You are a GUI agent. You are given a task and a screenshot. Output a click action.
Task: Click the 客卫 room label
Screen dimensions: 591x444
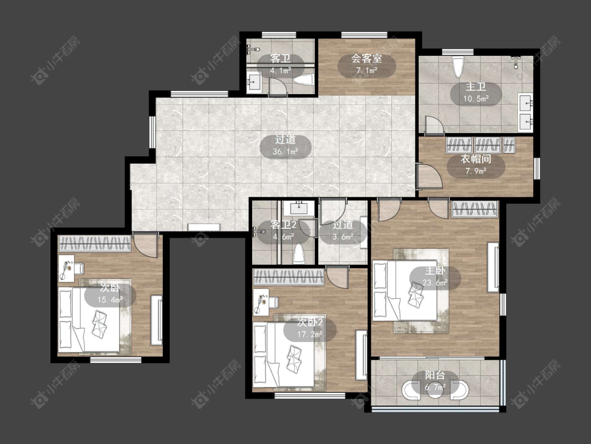click(281, 58)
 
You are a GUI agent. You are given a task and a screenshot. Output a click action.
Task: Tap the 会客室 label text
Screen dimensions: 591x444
click(367, 58)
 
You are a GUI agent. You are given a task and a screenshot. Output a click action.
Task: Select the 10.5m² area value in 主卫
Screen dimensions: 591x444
click(476, 99)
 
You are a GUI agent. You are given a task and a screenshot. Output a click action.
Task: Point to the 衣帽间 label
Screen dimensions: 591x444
click(476, 159)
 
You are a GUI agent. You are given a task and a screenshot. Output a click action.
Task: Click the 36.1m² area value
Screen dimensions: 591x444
click(286, 152)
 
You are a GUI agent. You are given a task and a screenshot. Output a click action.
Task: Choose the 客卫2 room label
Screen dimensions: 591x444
click(284, 225)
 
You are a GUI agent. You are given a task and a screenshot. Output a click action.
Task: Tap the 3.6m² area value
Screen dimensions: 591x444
click(343, 237)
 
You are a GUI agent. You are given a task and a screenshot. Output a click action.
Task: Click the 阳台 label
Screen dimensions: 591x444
click(436, 375)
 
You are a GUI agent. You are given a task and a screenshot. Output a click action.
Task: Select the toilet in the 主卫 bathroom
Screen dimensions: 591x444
click(458, 67)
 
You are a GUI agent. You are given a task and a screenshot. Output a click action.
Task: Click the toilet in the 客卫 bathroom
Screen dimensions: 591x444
click(304, 80)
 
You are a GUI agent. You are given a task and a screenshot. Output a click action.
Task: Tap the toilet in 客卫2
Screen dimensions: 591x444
click(299, 253)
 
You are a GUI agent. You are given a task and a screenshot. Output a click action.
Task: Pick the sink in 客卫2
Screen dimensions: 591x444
click(299, 208)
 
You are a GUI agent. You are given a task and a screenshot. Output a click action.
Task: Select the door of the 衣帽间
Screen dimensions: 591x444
click(430, 176)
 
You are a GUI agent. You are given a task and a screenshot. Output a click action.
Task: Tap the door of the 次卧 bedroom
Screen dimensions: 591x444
click(146, 246)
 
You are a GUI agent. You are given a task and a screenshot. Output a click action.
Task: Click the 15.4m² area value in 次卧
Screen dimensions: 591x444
click(110, 300)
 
